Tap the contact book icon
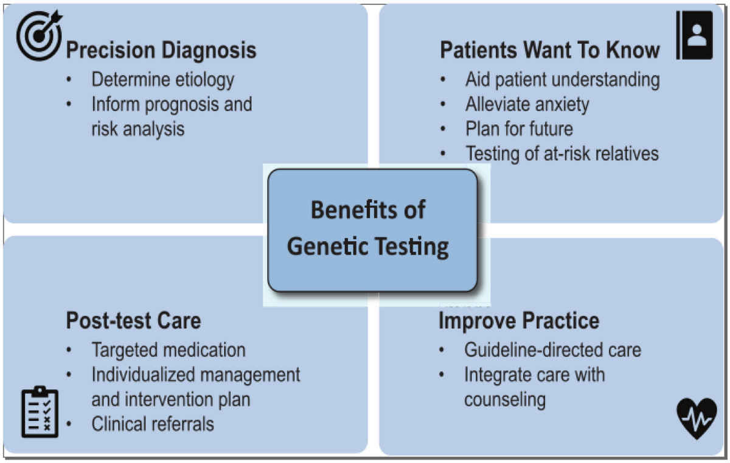pos(695,35)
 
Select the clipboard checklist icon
pos(40,412)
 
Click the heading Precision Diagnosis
pos(161,50)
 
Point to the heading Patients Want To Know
pos(550,50)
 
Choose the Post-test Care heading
pos(133,320)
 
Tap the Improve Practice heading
pos(519,320)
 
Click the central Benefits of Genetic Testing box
pos(372,229)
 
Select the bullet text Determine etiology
pos(162,79)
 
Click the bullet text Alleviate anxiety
pos(527,104)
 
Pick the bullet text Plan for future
pos(519,129)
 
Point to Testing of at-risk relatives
pos(562,153)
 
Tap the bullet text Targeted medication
pos(169,350)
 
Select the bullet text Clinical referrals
pos(153,423)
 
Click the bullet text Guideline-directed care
pos(552,350)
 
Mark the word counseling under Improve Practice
pos(504,400)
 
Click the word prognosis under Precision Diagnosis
pos(177,104)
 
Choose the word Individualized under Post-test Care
pos(141,375)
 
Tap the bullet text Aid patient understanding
pos(562,79)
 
